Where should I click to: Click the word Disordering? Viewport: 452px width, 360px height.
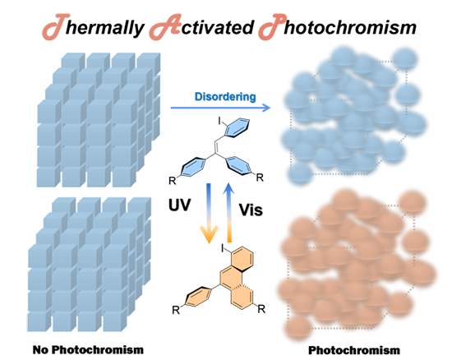coord(225,97)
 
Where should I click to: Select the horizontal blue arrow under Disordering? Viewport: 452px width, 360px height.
coord(220,108)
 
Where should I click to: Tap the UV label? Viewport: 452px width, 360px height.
coord(180,205)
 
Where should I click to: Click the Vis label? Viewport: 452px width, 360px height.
coord(251,210)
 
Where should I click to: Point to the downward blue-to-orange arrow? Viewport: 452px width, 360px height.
coord(210,213)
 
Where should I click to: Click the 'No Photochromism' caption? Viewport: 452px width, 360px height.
coord(88,349)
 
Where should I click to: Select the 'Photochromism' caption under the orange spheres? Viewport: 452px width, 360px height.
coord(354,350)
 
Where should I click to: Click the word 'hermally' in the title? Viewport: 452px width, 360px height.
coord(104,28)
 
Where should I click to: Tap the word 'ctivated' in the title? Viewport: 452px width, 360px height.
coord(217,27)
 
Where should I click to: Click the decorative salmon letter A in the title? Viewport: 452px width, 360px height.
coord(165,27)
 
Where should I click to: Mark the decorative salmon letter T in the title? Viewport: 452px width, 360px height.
coord(56,26)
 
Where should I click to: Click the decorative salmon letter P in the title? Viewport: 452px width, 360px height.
coord(272,26)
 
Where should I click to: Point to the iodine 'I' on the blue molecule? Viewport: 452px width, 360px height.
coord(219,122)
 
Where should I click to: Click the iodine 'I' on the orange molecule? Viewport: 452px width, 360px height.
coord(222,247)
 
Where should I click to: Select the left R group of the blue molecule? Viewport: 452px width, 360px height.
coord(172,181)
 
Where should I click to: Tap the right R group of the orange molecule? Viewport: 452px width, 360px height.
coord(261,309)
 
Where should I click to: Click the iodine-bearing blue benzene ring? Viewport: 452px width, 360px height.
coord(238,127)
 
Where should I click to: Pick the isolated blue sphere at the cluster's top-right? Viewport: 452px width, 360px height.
coord(404,59)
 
